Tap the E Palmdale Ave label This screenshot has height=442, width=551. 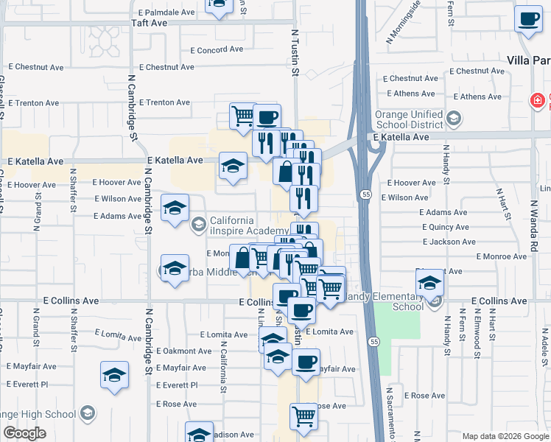166,13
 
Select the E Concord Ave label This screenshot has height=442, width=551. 217,51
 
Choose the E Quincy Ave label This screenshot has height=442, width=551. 446,227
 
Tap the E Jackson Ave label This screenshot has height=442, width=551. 449,242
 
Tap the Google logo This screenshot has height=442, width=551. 24,433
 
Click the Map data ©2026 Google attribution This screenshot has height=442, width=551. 505,436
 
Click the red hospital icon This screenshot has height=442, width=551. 539,100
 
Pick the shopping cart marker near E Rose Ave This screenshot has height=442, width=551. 303,416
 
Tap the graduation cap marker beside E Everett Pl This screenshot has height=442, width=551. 115,375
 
